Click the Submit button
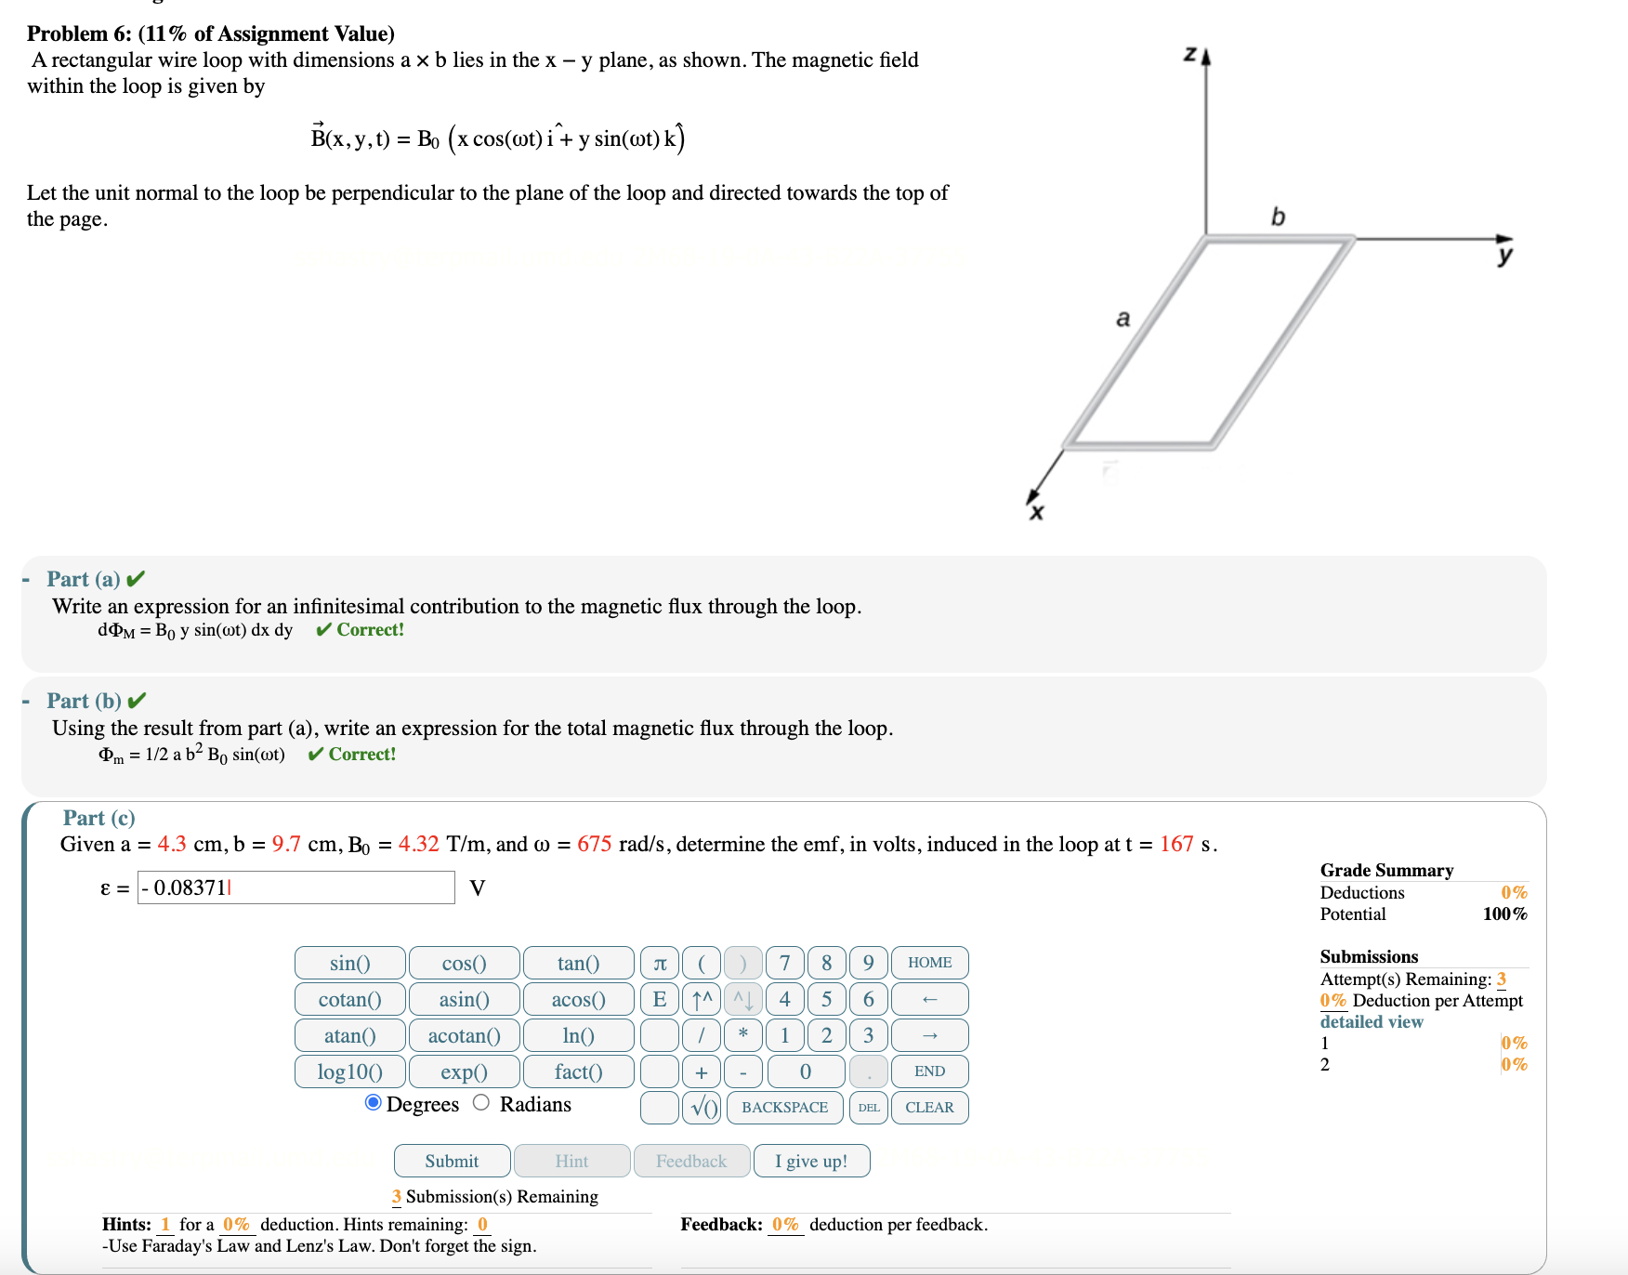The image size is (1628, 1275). pyautogui.click(x=452, y=1161)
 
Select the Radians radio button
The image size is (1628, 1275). pyautogui.click(x=481, y=1103)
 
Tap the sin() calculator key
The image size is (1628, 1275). pyautogui.click(x=349, y=963)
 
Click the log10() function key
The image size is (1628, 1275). pyautogui.click(x=349, y=1071)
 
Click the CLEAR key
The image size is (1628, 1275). pyautogui.click(x=929, y=1108)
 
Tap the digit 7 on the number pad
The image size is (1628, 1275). pyautogui.click(x=784, y=963)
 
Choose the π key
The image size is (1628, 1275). pyautogui.click(x=660, y=963)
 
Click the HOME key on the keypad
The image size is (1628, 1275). pyautogui.click(x=929, y=963)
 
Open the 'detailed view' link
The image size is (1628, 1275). pyautogui.click(x=1372, y=1021)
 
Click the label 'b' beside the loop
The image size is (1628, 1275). pyautogui.click(x=1278, y=217)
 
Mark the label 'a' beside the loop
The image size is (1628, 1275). pyautogui.click(x=1123, y=319)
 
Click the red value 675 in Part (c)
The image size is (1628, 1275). pyautogui.click(x=594, y=844)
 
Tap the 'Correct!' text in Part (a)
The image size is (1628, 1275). pyautogui.click(x=370, y=630)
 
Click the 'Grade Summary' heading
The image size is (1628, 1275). pyautogui.click(x=1386, y=870)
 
